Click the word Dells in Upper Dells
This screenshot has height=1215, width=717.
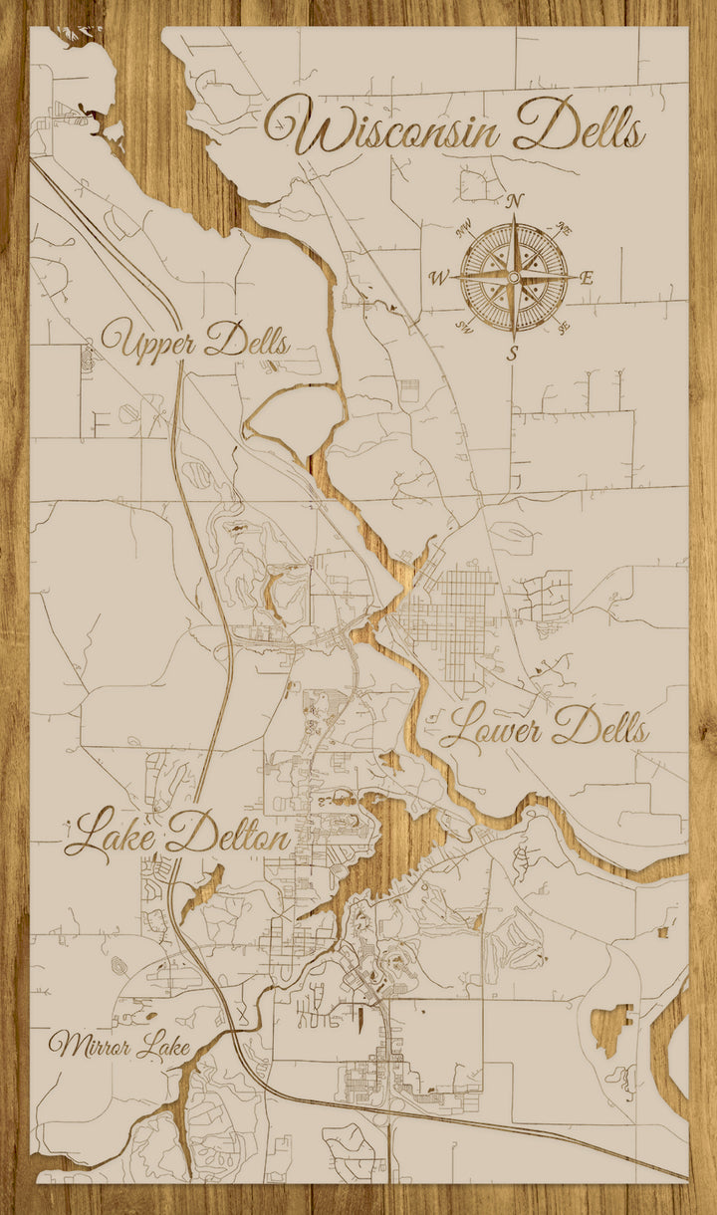tap(248, 343)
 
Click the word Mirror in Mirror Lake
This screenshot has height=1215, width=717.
tap(89, 1046)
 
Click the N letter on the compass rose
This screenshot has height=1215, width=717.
tap(515, 201)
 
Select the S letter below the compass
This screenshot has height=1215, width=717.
tap(514, 353)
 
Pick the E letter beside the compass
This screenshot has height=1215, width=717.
tap(587, 278)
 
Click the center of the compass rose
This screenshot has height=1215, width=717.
tap(514, 276)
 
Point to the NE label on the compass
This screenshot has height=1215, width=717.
tap(564, 229)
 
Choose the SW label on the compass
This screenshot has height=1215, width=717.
tap(464, 326)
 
